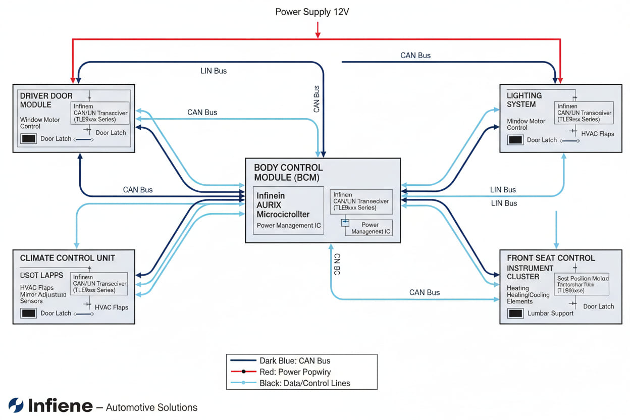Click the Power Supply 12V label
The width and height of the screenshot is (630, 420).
(x=312, y=12)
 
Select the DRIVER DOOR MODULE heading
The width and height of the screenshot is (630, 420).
(x=46, y=100)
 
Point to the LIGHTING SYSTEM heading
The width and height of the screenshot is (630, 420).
(x=524, y=99)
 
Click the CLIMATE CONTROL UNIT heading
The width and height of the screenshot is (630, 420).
(x=67, y=258)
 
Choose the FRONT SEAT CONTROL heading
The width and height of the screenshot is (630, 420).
(x=551, y=258)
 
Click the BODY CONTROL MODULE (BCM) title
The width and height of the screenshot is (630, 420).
(x=288, y=172)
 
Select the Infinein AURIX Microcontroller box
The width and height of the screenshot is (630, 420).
(x=288, y=210)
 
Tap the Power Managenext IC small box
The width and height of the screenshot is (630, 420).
(x=369, y=228)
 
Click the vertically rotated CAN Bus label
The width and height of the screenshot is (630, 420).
(x=317, y=99)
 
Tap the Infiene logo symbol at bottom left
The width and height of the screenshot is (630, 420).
(x=16, y=405)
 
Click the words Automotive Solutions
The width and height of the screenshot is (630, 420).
(x=151, y=407)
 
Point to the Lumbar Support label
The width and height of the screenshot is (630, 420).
(x=550, y=313)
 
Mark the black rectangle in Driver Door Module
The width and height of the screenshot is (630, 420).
(x=29, y=139)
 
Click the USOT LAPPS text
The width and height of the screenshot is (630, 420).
(x=41, y=275)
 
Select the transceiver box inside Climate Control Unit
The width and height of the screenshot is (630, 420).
(x=99, y=284)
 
